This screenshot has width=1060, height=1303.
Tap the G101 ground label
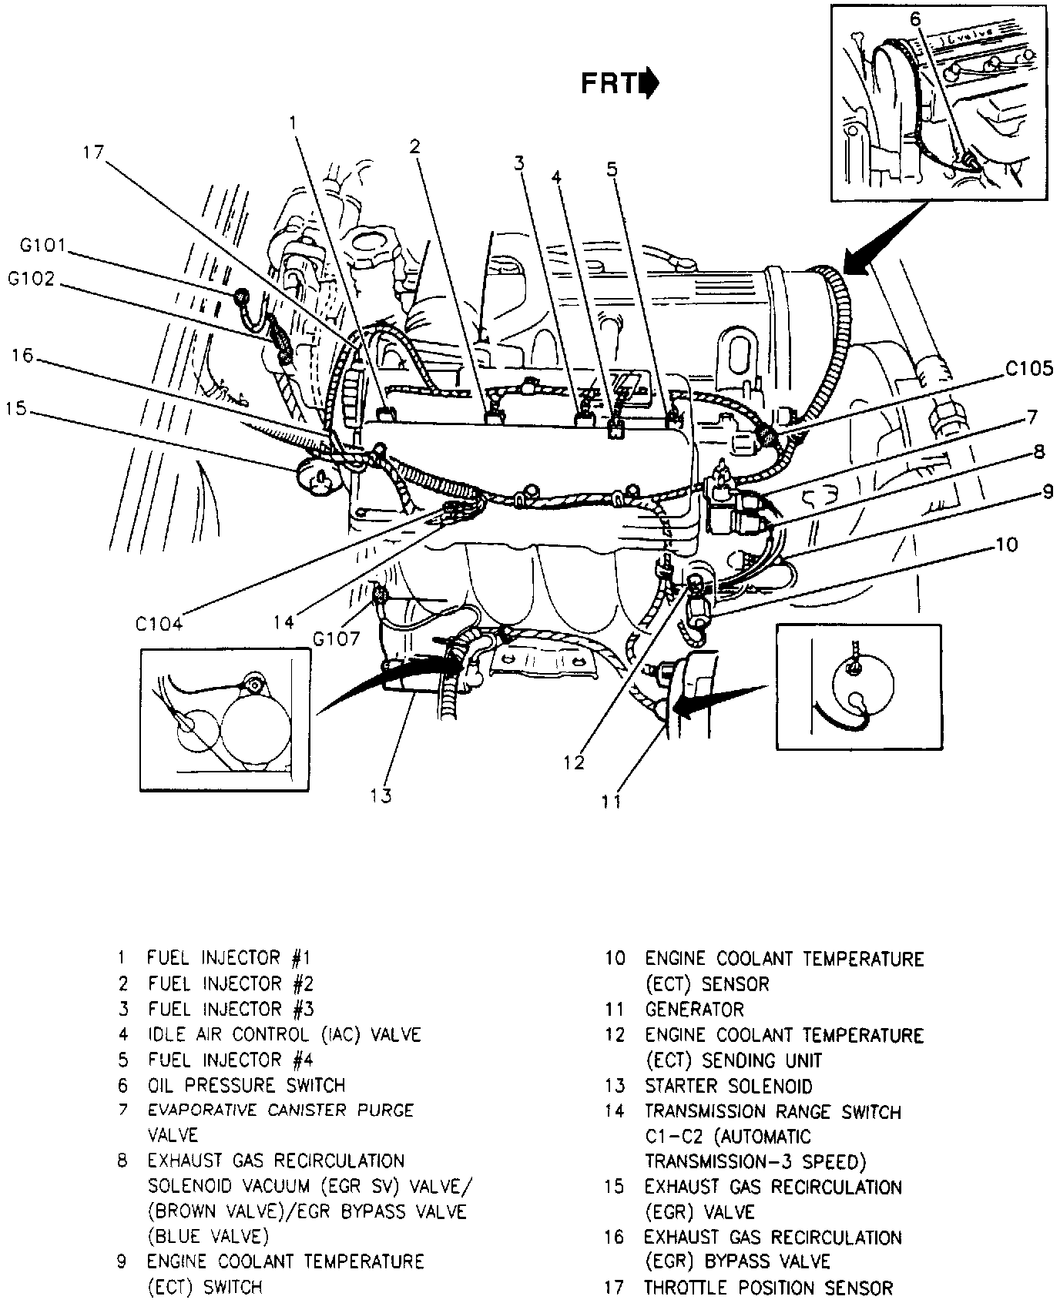43,247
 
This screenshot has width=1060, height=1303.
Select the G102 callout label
32,279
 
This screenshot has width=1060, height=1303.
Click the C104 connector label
159,624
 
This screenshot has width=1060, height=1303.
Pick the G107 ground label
335,638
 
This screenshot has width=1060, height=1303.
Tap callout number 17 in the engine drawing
93,152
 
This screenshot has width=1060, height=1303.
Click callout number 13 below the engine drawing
381,796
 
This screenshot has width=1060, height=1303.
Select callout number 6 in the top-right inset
914,18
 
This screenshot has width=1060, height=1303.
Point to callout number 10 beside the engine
1006,545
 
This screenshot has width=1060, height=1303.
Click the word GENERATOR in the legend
694,1009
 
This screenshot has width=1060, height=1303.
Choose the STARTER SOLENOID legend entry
728,1086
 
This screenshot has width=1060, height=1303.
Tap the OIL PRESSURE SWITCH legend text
247,1085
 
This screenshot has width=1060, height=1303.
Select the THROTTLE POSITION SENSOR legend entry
768,1287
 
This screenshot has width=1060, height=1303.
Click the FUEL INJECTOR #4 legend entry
230,1060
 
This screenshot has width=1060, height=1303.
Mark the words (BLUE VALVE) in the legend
208,1236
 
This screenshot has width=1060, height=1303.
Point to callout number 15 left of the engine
16,409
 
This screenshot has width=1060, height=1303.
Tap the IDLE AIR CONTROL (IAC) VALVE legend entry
284,1034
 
